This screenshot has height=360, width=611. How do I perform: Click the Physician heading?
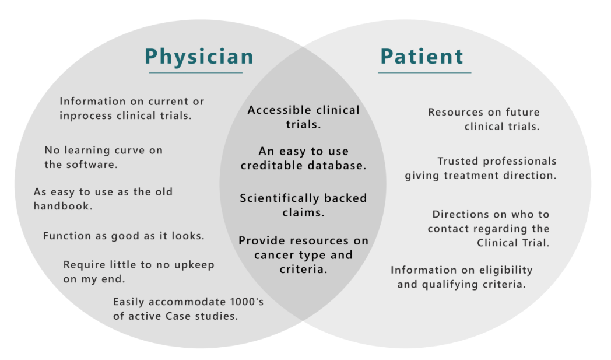pyautogui.click(x=199, y=57)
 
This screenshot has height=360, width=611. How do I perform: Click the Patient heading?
pyautogui.click(x=422, y=57)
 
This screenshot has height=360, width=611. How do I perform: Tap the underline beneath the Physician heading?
pyautogui.click(x=195, y=73)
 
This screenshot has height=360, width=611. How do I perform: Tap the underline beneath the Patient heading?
pyautogui.click(x=424, y=73)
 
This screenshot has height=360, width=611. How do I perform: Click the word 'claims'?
pyautogui.click(x=303, y=213)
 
